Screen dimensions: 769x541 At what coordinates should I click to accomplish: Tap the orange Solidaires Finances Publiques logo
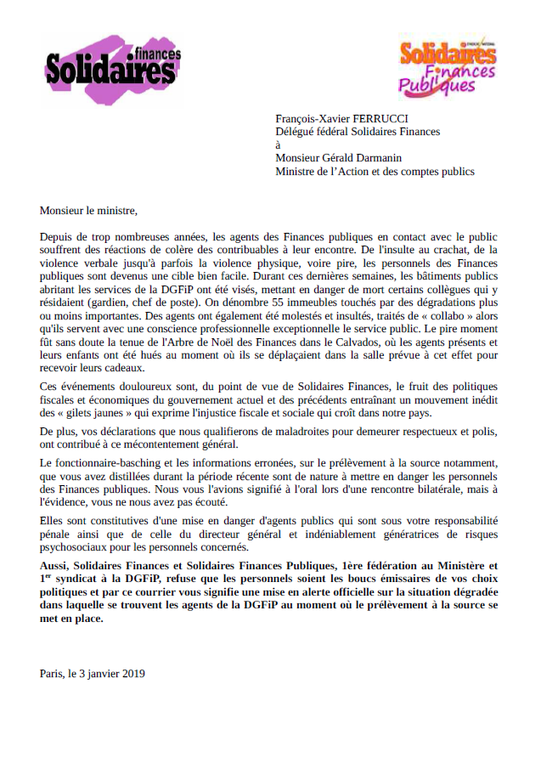[x=447, y=66]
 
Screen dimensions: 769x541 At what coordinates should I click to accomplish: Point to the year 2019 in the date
[x=132, y=674]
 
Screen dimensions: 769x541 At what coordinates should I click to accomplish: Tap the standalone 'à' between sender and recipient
[x=279, y=144]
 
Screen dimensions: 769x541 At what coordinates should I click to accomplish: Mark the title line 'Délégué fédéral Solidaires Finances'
[x=358, y=132]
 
